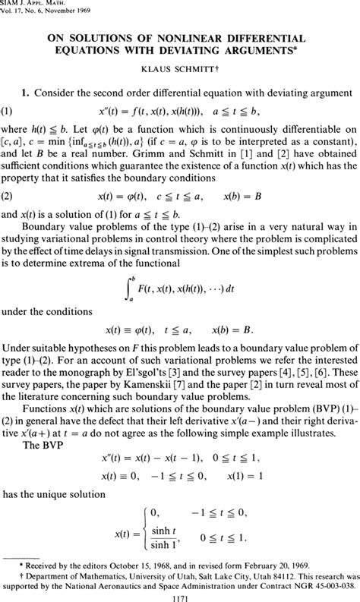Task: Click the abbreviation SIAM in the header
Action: click(13, 3)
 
